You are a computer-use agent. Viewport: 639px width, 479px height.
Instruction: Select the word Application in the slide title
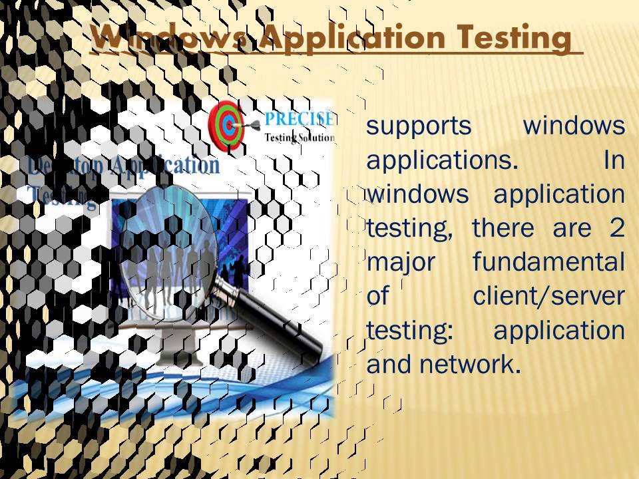click(350, 37)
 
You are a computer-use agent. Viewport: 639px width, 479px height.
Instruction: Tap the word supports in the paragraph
click(419, 126)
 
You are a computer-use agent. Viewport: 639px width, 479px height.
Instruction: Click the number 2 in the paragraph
click(616, 228)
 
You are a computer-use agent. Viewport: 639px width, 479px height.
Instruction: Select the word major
click(401, 262)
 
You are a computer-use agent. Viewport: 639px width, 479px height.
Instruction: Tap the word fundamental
click(548, 262)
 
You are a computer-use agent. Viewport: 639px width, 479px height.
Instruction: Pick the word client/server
click(548, 296)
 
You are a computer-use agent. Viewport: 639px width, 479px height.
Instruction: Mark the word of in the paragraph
click(377, 296)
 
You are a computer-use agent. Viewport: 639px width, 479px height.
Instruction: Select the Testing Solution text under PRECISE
click(300, 137)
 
